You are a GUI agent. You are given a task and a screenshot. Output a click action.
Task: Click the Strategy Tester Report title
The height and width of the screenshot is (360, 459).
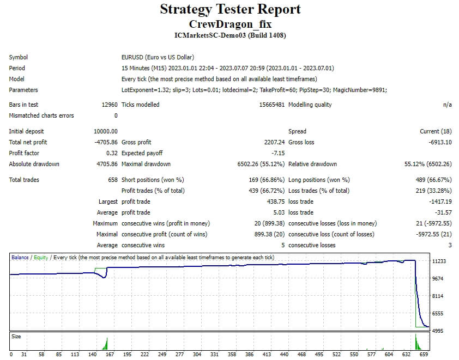[230, 9]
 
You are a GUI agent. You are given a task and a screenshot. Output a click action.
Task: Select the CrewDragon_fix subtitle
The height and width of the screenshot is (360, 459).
[230, 24]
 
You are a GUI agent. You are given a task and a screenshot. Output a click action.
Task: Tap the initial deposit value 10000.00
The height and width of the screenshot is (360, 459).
[106, 131]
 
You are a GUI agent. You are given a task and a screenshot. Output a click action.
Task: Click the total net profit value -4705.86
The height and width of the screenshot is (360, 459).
[106, 142]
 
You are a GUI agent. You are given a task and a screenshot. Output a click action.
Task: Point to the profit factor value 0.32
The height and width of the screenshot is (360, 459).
[112, 153]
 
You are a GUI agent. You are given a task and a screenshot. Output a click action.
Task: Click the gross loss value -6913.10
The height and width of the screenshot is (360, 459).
[437, 142]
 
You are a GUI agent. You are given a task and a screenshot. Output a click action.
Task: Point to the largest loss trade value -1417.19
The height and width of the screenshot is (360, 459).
[437, 202]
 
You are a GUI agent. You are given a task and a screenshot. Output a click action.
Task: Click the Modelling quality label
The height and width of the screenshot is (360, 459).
[310, 105]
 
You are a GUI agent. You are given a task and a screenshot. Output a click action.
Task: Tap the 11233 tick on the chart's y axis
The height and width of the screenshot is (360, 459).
[439, 261]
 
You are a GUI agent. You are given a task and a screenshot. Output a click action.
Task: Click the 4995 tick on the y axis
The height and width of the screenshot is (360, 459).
[439, 331]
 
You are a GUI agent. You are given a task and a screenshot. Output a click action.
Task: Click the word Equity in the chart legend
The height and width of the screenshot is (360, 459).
[41, 258]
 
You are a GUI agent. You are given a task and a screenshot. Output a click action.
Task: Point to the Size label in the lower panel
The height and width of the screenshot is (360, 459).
[16, 337]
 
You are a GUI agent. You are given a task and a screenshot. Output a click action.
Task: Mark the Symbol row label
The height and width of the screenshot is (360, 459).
[18, 57]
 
